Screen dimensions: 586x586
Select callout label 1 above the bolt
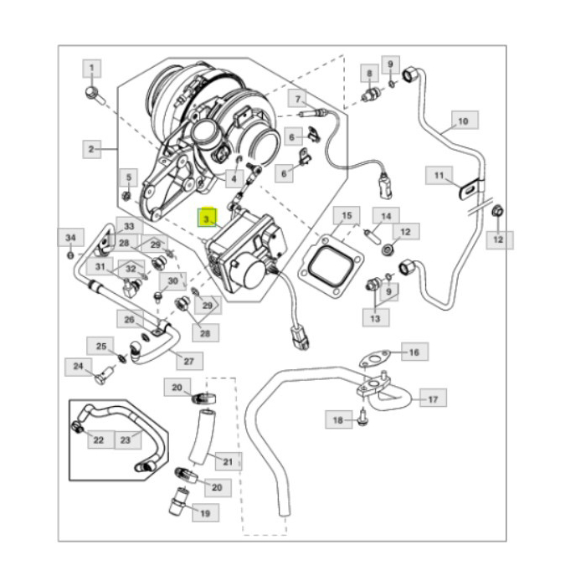click(x=92, y=67)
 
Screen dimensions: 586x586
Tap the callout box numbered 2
click(x=91, y=150)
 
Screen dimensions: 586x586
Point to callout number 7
click(x=298, y=100)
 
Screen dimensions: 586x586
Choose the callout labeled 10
click(x=463, y=121)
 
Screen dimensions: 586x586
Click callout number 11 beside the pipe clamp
click(x=438, y=176)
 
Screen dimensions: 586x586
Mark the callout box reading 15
click(x=347, y=216)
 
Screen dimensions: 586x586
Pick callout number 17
click(x=432, y=399)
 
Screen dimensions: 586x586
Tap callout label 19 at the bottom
click(x=203, y=512)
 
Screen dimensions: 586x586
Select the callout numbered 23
click(x=126, y=439)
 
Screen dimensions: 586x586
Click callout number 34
click(x=71, y=238)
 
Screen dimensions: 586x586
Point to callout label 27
click(x=188, y=362)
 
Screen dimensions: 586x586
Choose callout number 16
click(x=414, y=352)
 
